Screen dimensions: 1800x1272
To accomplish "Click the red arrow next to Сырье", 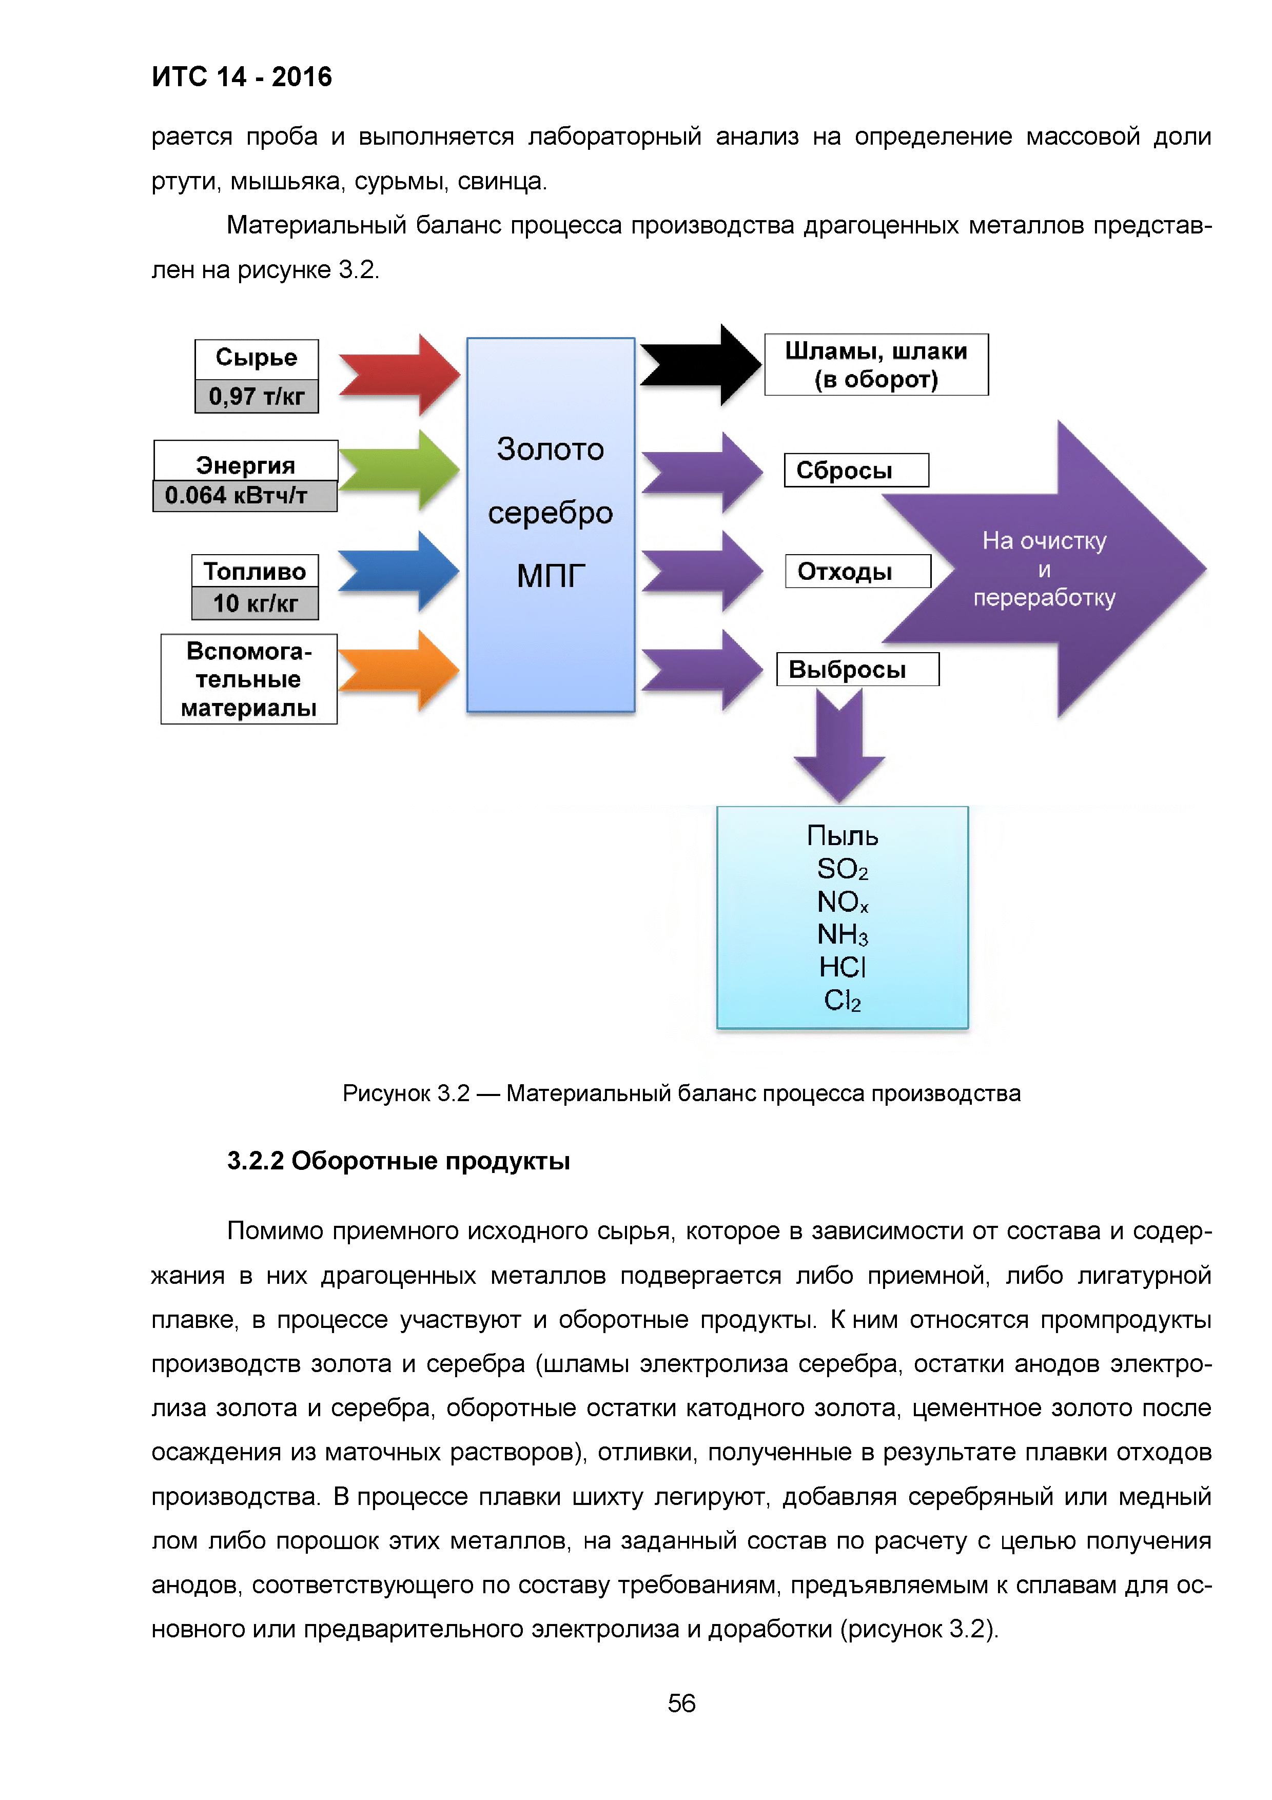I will click(400, 375).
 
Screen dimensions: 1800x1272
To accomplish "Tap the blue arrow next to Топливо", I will click(400, 571).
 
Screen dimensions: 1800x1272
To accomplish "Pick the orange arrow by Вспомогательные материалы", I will click(400, 670).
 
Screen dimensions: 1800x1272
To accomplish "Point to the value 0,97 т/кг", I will click(256, 397).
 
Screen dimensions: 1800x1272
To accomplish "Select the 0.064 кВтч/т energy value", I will click(245, 496).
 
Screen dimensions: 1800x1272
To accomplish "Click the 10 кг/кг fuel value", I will click(255, 603).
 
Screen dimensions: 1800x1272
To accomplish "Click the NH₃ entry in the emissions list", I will click(843, 934).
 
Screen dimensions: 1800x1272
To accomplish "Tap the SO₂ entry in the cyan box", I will click(843, 869).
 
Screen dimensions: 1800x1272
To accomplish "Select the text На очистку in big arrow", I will click(1044, 541).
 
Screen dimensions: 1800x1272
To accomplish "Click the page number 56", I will click(681, 1703).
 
